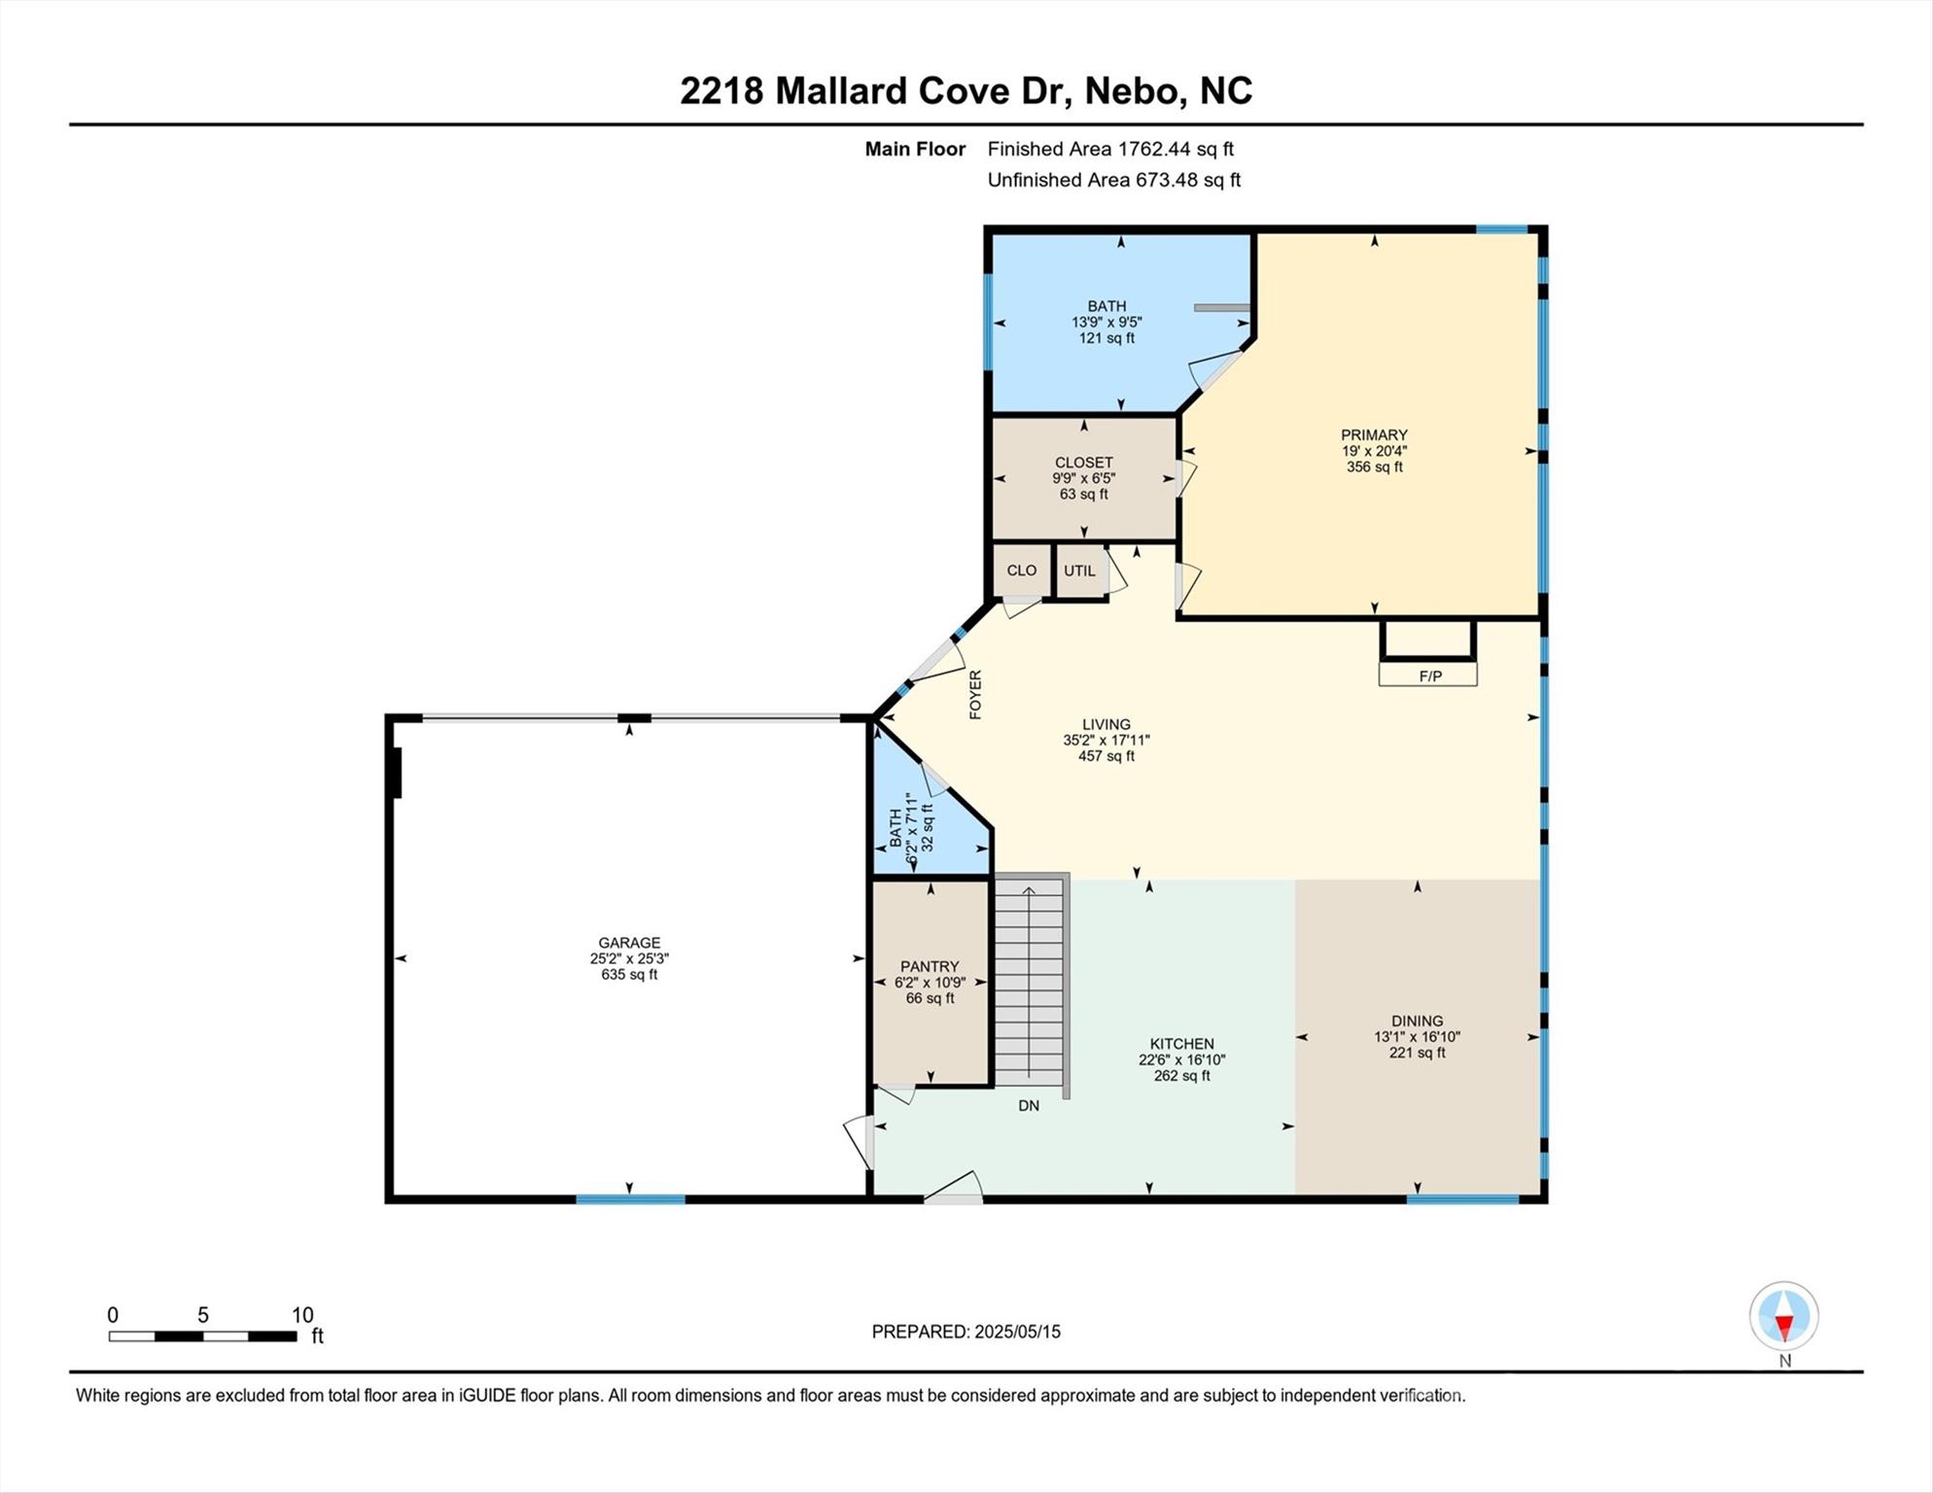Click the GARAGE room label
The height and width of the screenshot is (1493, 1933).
click(x=629, y=943)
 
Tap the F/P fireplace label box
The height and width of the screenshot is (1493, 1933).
click(x=1429, y=676)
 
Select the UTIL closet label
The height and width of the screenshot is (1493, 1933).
click(x=1079, y=571)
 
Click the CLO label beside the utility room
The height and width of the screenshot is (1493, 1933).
click(x=1021, y=571)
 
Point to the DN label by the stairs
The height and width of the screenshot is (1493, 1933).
click(x=1029, y=1105)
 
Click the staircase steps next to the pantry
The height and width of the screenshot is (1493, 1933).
click(x=1030, y=982)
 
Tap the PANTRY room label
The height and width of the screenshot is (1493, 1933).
click(x=930, y=966)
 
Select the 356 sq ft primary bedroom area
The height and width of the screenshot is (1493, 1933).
click(x=1374, y=467)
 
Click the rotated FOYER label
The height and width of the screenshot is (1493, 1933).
click(x=975, y=694)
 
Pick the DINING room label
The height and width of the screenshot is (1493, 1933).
click(x=1417, y=1021)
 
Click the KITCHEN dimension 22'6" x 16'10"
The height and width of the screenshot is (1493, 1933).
click(x=1181, y=1060)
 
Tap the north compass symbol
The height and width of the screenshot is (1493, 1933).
click(x=1783, y=1317)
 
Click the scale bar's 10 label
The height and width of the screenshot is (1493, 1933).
click(x=302, y=1315)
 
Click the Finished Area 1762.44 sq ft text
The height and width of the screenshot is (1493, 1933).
click(x=1110, y=149)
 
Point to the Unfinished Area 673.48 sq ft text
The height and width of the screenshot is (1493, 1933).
click(x=1114, y=180)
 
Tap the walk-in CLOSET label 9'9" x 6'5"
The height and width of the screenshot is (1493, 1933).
click(x=1083, y=464)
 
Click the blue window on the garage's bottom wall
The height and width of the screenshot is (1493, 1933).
click(x=630, y=1199)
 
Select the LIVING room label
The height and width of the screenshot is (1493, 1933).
click(x=1106, y=724)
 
